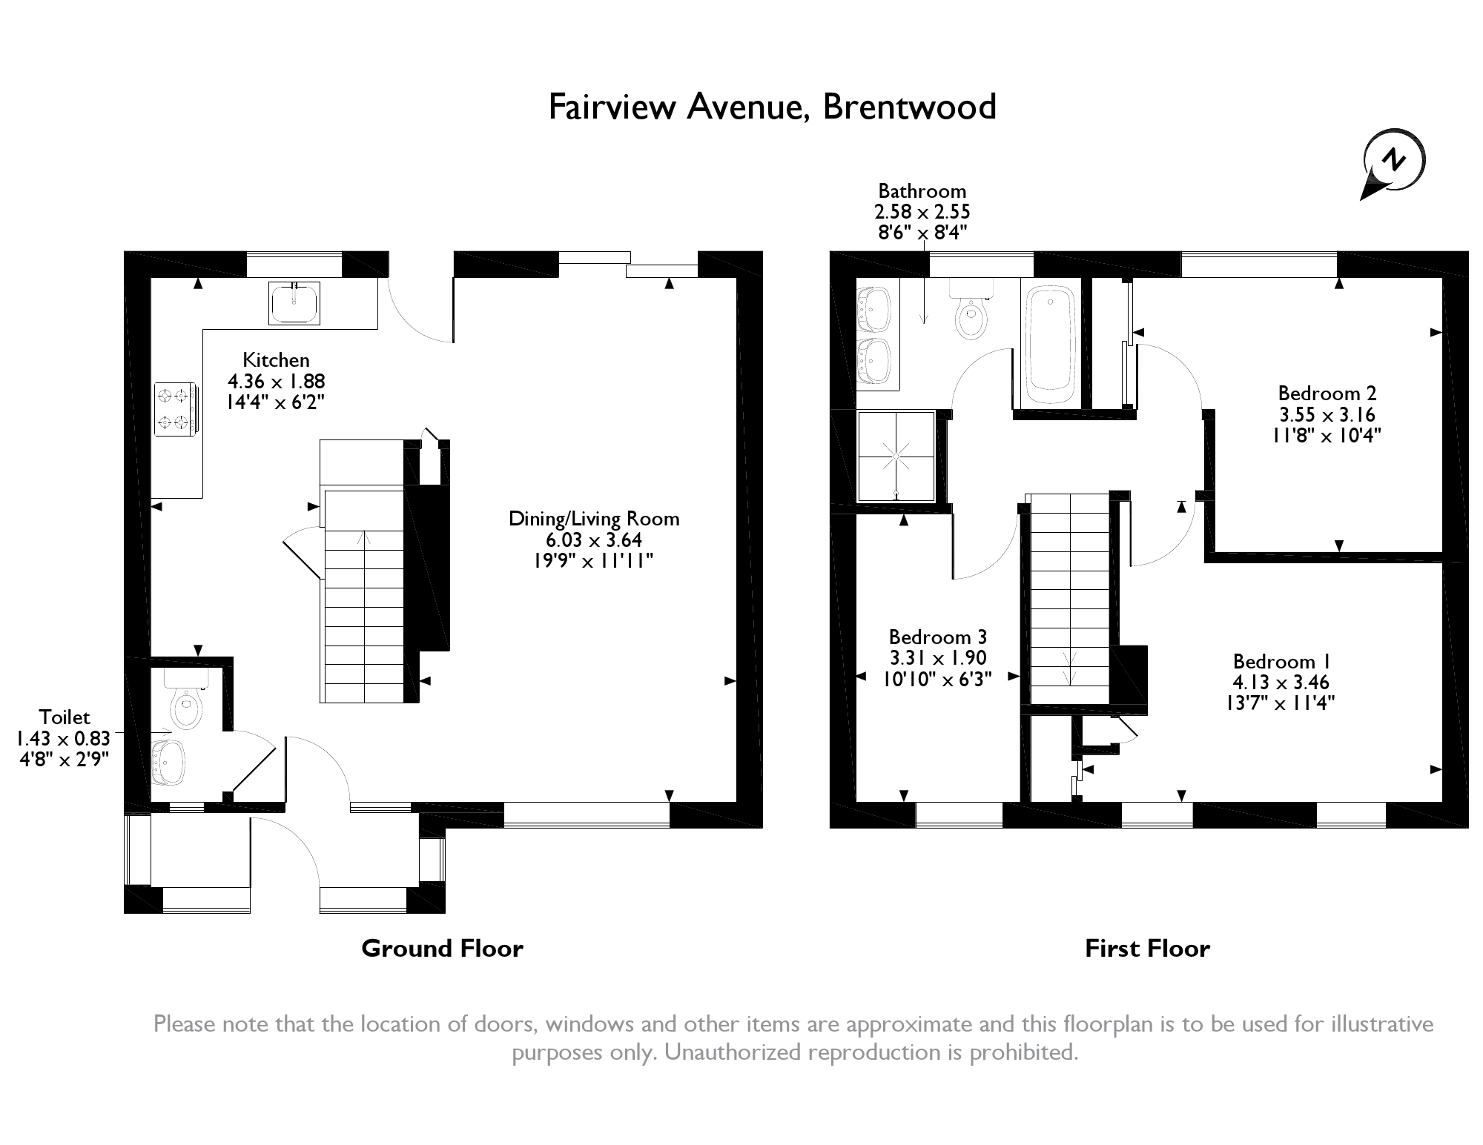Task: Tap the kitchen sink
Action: (294, 303)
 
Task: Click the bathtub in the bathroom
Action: (1050, 345)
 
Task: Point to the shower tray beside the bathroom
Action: (896, 457)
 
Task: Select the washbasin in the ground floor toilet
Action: (168, 763)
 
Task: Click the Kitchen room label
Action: (276, 360)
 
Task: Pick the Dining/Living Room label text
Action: (594, 519)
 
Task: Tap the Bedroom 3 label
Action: (938, 637)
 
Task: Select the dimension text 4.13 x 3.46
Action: (1281, 682)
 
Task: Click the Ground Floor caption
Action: (443, 949)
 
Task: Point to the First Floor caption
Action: (1147, 949)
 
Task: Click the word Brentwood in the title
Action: (910, 107)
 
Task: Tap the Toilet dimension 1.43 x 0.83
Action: (63, 738)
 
